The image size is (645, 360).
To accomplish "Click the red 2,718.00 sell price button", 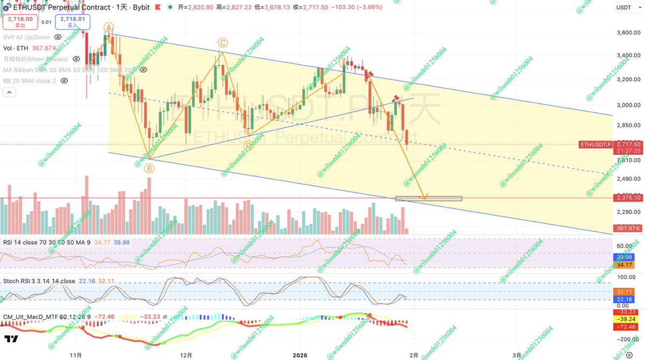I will click(20, 22).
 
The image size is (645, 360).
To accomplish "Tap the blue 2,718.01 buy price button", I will click(74, 22).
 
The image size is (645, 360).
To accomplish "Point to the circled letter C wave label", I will click(222, 43).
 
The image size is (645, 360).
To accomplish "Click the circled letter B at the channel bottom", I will click(149, 168).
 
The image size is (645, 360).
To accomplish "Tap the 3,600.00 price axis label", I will click(628, 33).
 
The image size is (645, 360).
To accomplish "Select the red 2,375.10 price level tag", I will click(628, 198).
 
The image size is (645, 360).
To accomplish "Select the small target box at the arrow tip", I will click(428, 199).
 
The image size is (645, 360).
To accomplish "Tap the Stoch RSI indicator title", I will click(39, 281).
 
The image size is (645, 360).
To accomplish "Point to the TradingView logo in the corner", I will click(11, 340).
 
